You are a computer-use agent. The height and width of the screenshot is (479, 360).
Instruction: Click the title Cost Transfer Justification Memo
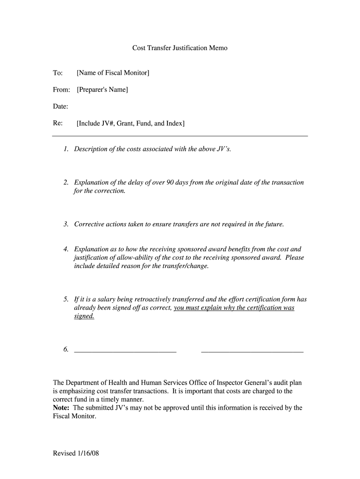(180, 48)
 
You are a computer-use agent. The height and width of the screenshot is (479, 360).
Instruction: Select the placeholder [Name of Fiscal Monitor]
(113, 73)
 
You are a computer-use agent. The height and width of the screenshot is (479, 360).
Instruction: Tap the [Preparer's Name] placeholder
(102, 89)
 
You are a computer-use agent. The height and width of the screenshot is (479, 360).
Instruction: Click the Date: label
(60, 107)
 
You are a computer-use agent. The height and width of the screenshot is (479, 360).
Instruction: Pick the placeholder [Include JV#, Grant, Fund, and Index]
(130, 123)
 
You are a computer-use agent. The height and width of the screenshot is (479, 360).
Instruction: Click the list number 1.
(66, 149)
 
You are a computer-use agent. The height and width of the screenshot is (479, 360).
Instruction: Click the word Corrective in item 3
(90, 224)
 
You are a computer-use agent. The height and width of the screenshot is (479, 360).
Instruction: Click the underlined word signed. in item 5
(84, 316)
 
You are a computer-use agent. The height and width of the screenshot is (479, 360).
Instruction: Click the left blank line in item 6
(125, 349)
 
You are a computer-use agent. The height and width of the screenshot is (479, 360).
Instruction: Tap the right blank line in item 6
(252, 349)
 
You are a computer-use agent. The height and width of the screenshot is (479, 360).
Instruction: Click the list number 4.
(66, 249)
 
